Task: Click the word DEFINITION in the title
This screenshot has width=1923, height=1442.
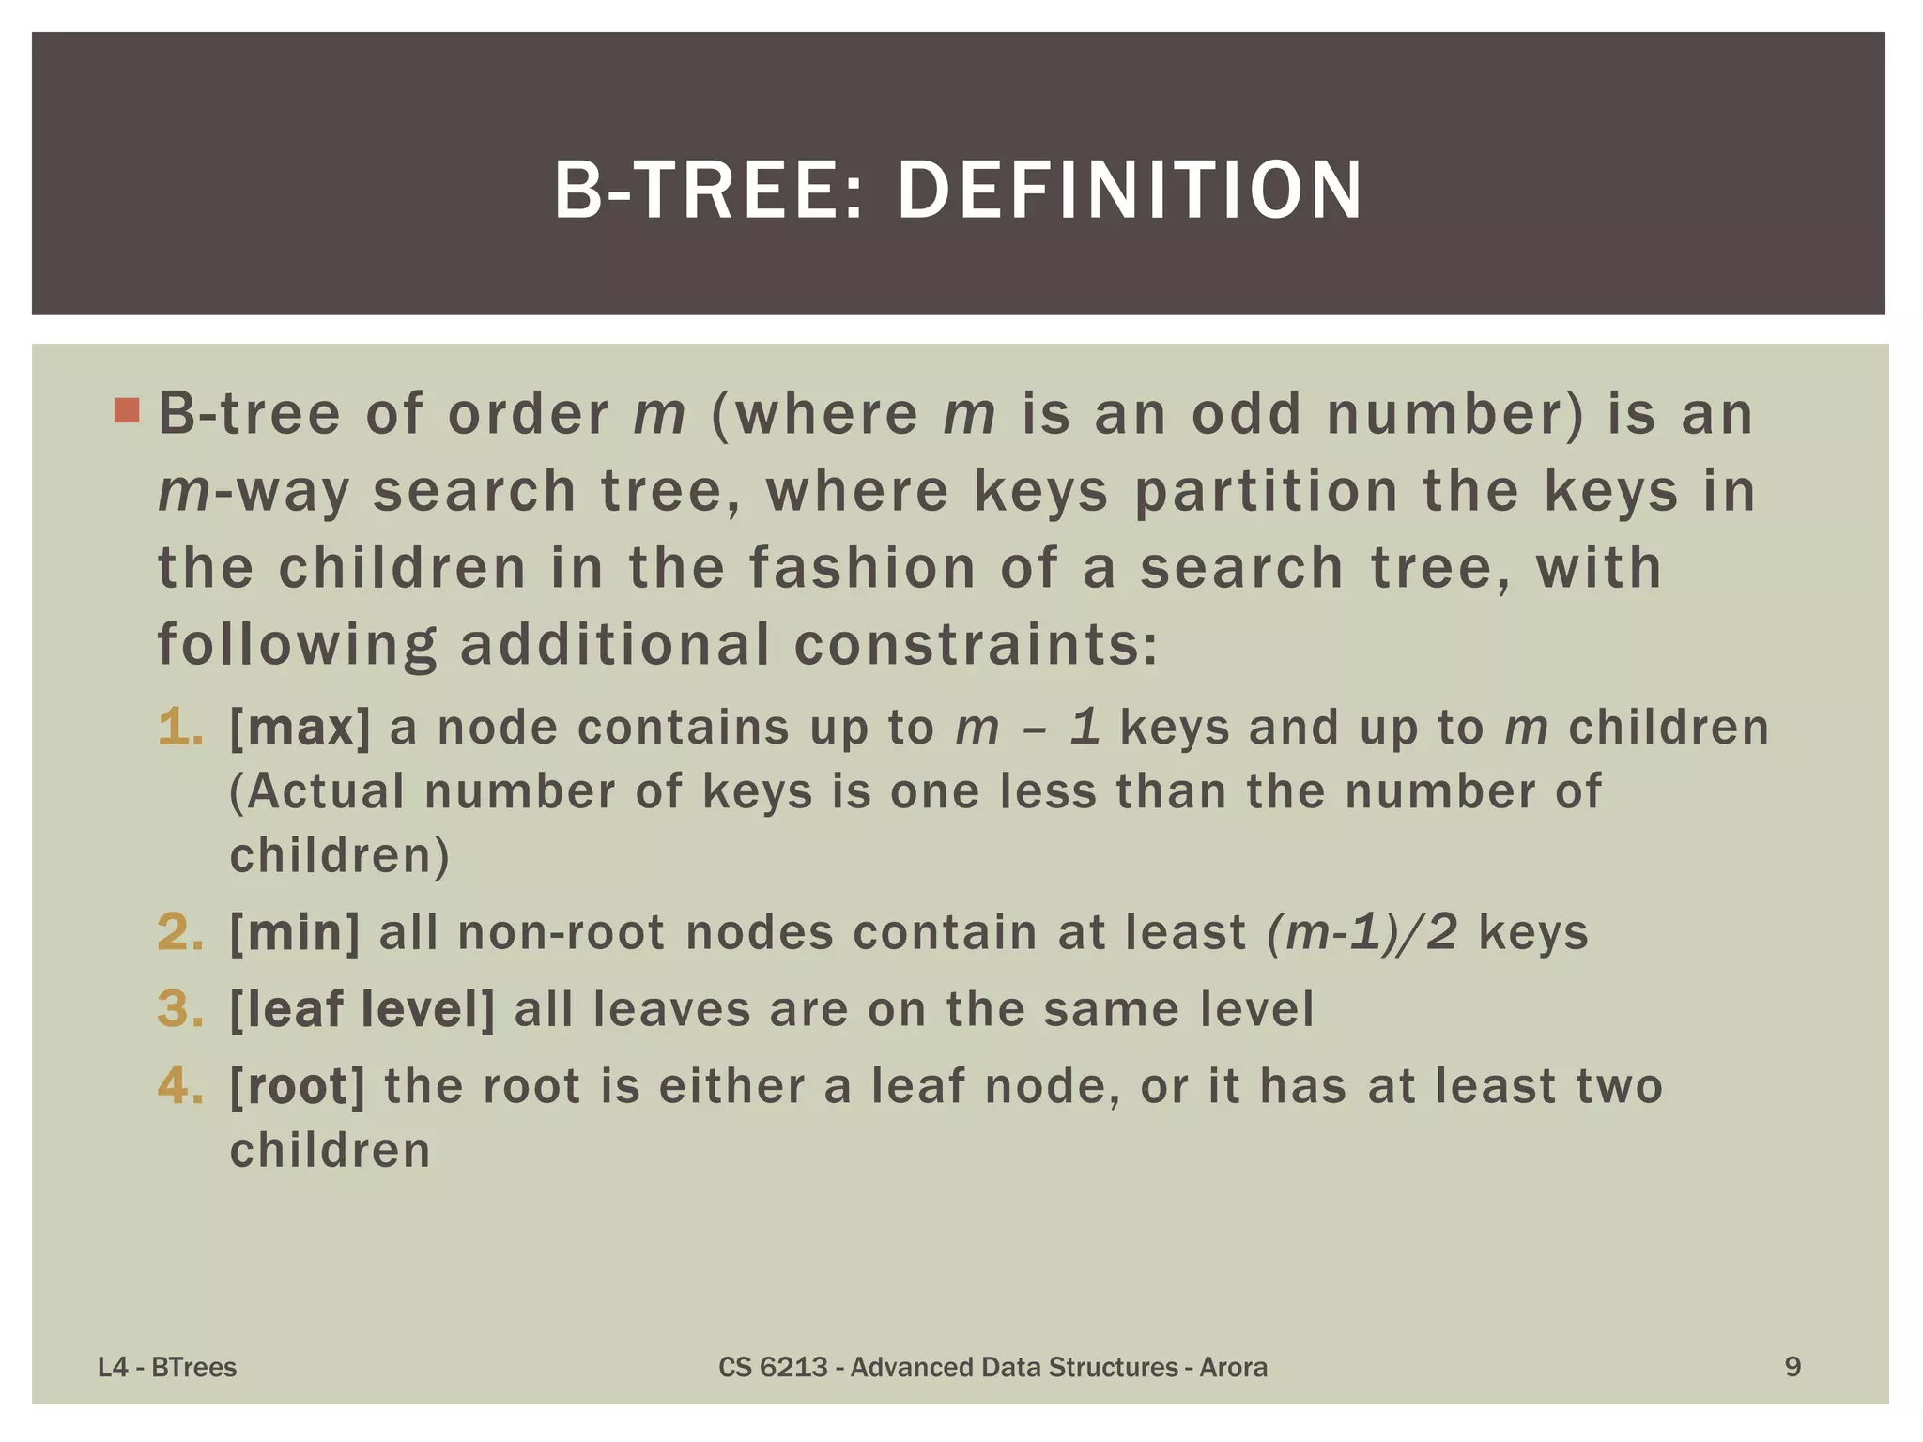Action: point(1130,191)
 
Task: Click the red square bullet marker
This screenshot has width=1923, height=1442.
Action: point(127,410)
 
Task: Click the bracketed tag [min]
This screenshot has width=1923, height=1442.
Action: point(295,932)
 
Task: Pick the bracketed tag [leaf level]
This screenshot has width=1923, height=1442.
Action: point(362,1009)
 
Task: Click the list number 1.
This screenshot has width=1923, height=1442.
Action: point(180,728)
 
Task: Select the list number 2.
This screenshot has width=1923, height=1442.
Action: point(180,932)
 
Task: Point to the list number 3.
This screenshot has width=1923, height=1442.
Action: point(180,1009)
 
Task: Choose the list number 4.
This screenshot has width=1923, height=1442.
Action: point(180,1086)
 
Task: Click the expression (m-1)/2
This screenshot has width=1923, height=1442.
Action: point(1361,932)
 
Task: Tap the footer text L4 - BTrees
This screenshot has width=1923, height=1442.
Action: point(167,1367)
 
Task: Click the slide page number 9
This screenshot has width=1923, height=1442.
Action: point(1792,1367)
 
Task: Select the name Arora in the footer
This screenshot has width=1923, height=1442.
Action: point(1233,1367)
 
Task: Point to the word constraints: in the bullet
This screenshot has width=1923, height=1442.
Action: point(977,645)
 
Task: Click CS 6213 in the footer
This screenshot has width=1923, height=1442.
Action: point(773,1367)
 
